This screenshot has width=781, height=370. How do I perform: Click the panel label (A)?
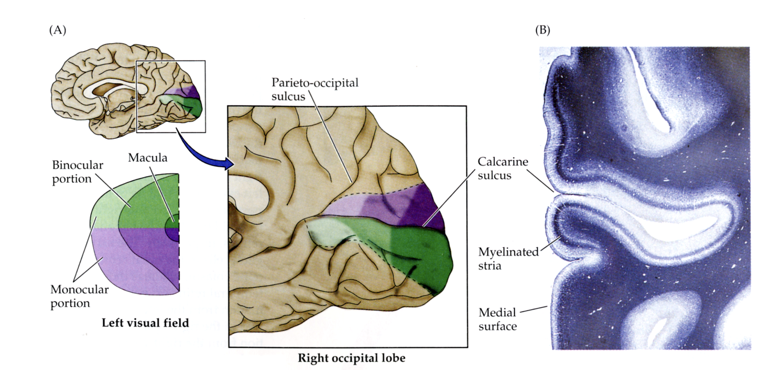(58, 31)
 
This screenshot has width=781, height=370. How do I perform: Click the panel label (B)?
(542, 31)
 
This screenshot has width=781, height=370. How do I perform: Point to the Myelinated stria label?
(508, 259)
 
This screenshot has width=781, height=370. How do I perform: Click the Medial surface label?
(497, 319)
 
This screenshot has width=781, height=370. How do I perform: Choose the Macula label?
(147, 158)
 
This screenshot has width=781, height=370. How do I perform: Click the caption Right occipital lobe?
(352, 358)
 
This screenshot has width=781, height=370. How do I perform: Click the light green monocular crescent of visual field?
(106, 208)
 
